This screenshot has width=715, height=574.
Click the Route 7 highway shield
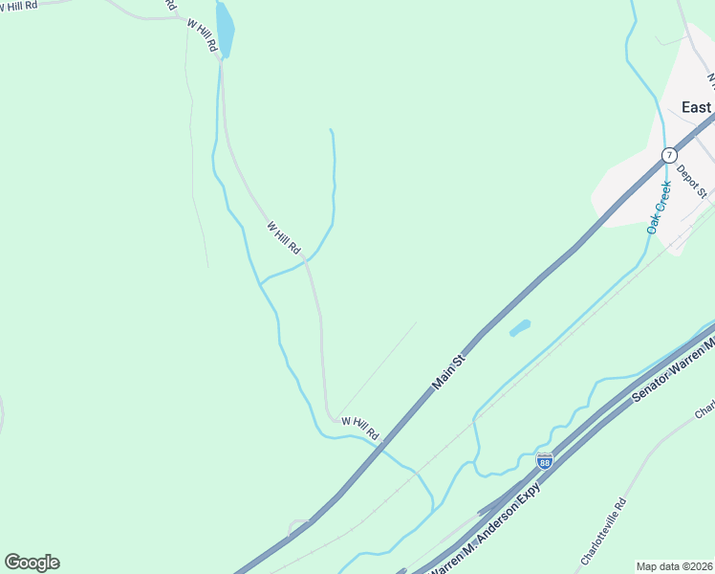[669, 154]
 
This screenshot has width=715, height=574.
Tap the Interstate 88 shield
[544, 461]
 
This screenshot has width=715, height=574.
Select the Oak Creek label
[660, 208]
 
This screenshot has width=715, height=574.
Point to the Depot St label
[691, 181]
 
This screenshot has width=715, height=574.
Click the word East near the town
[696, 107]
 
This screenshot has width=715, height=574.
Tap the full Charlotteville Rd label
[603, 531]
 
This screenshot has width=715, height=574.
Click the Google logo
[32, 563]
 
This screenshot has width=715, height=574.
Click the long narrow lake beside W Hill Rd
[225, 29]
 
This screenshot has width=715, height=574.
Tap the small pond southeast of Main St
[520, 328]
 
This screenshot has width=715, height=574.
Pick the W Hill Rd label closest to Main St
[360, 428]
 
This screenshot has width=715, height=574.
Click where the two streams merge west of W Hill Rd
[261, 284]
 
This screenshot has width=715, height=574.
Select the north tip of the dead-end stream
[331, 129]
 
